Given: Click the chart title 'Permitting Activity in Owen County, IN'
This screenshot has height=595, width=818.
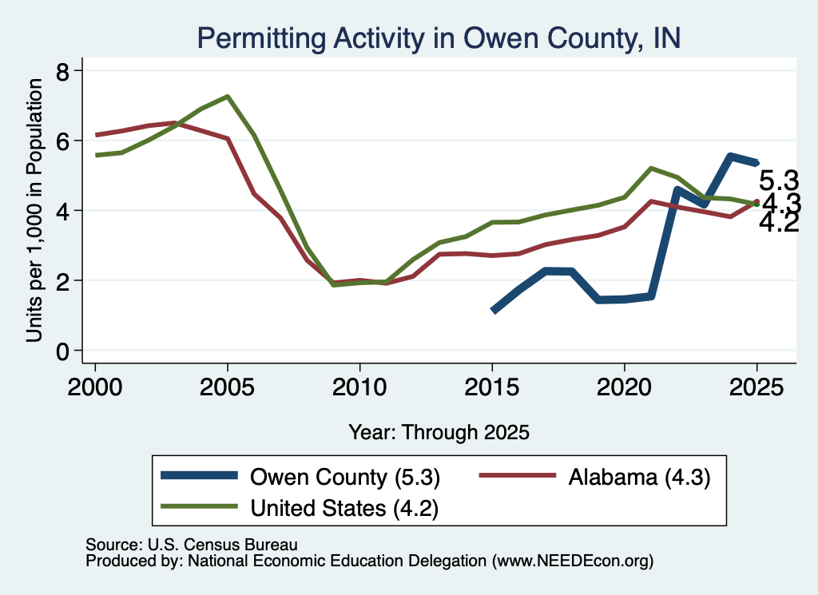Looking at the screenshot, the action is pyautogui.click(x=439, y=38).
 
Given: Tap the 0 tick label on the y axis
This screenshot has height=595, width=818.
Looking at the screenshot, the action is pyautogui.click(x=62, y=352).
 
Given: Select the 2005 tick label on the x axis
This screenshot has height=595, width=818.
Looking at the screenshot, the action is pyautogui.click(x=227, y=387).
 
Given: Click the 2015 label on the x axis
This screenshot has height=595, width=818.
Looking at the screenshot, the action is pyautogui.click(x=492, y=387).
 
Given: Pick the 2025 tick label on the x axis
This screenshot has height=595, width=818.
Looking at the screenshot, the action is pyautogui.click(x=756, y=387).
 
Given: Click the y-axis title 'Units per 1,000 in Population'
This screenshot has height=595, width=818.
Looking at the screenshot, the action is pyautogui.click(x=34, y=210).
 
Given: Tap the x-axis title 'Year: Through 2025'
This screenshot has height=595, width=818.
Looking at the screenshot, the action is pyautogui.click(x=439, y=432).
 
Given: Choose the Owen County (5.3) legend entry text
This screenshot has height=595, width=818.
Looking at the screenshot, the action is pyautogui.click(x=345, y=477).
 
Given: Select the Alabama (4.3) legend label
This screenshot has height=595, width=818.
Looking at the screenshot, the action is pyautogui.click(x=640, y=477).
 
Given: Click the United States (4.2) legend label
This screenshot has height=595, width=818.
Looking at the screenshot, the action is pyautogui.click(x=344, y=509).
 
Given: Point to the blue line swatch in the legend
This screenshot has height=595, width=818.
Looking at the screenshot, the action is pyautogui.click(x=199, y=475).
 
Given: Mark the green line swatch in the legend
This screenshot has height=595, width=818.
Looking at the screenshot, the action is pyautogui.click(x=199, y=506).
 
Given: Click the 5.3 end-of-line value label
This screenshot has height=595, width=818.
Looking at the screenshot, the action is pyautogui.click(x=778, y=181).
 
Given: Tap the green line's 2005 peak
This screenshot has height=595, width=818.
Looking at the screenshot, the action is pyautogui.click(x=228, y=97).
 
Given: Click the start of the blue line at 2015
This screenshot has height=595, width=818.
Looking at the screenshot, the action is pyautogui.click(x=493, y=311).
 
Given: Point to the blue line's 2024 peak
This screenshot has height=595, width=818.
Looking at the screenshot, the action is pyautogui.click(x=730, y=157).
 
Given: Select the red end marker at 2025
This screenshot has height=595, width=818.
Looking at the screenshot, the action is pyautogui.click(x=757, y=202).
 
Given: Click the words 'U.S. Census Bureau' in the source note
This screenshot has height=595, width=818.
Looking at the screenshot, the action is pyautogui.click(x=223, y=545).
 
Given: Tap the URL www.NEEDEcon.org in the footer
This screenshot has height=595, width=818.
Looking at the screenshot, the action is pyautogui.click(x=572, y=561).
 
